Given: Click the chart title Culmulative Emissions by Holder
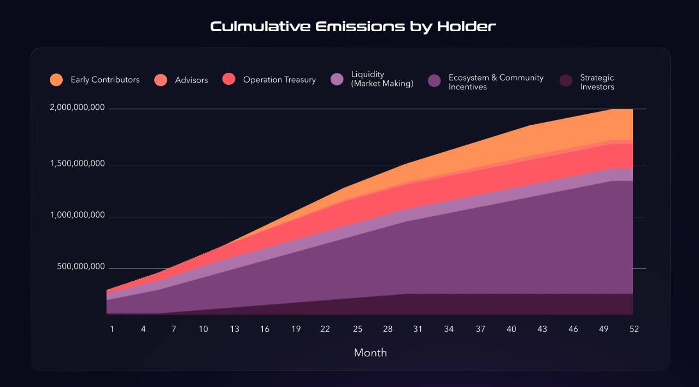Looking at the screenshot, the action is [x=353, y=27].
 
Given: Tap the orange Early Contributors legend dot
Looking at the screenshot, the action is [x=56, y=80].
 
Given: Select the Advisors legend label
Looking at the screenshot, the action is [x=191, y=80].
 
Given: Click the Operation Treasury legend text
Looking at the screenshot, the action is [x=279, y=80].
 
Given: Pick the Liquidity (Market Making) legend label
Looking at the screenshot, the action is [x=382, y=79].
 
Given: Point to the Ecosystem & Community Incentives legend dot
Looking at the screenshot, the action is [x=434, y=80].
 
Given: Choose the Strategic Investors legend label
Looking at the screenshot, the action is [x=597, y=82].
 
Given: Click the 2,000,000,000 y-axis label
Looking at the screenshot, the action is [x=78, y=107].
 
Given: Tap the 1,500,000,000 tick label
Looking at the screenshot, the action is [x=78, y=164].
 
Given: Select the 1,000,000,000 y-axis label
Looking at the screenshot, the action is [x=78, y=215].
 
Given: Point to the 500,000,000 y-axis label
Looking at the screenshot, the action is [x=81, y=267].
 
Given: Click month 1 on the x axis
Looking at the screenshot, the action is [x=111, y=329].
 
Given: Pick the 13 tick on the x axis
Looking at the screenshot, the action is [x=234, y=329].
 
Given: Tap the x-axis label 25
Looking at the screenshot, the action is [x=357, y=329].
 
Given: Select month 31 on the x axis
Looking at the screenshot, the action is [x=418, y=329].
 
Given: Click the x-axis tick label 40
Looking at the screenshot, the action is [x=511, y=329].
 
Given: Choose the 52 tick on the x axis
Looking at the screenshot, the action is [x=634, y=329].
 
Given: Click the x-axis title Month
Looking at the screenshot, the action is [x=371, y=353].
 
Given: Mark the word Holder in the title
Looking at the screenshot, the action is [x=466, y=27].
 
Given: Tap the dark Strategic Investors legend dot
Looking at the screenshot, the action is [x=566, y=80].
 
